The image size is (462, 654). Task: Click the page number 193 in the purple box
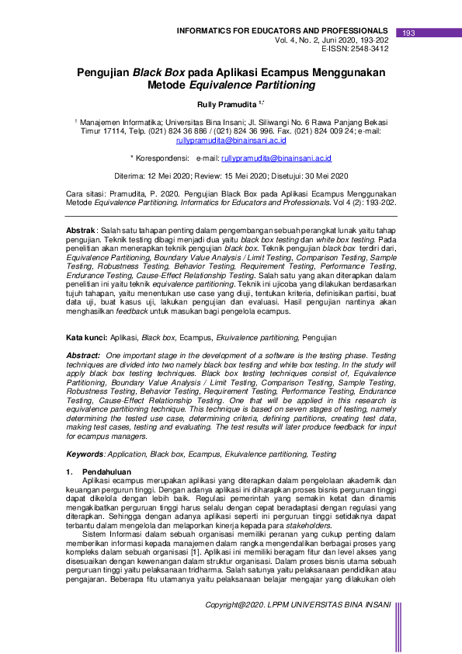[409, 33]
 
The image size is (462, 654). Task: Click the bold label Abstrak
[80, 232]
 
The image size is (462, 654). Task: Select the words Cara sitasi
[83, 191]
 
